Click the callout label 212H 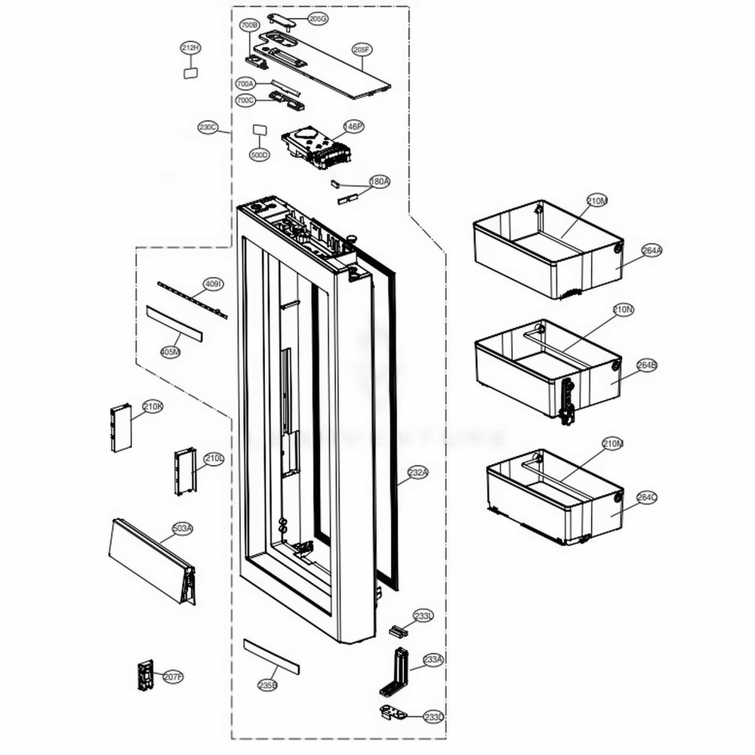click(x=191, y=48)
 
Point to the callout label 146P click(x=353, y=127)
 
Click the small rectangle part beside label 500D click(x=260, y=131)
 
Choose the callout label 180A click(x=379, y=182)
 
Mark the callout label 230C click(x=208, y=128)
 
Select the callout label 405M click(x=171, y=352)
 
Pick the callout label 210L click(x=214, y=458)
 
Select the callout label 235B click(x=267, y=686)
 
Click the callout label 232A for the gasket click(x=418, y=473)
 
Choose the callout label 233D click(x=433, y=716)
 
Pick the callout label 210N click(x=624, y=310)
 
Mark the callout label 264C click(x=646, y=498)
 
